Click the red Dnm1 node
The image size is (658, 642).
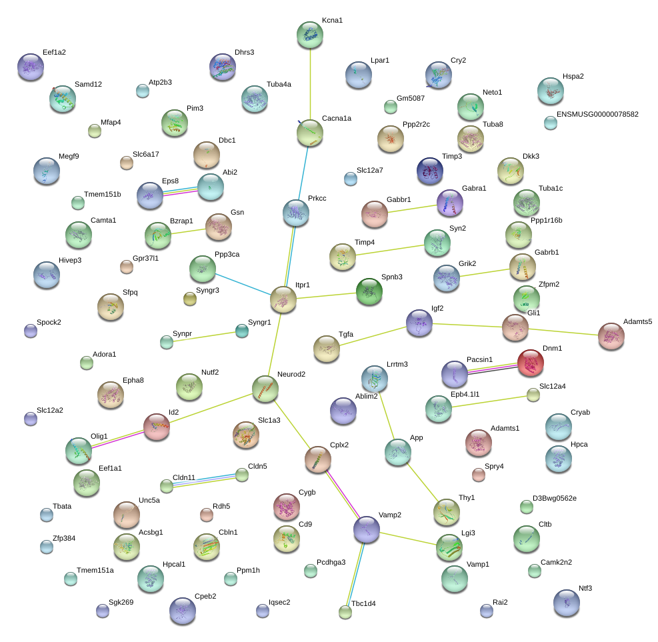[x=531, y=363]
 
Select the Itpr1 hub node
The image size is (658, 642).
[x=283, y=299]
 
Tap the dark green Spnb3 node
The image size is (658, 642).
[x=369, y=291]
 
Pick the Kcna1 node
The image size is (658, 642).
[x=310, y=35]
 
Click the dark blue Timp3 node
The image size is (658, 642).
[x=430, y=171]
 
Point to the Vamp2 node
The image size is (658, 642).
[x=367, y=529]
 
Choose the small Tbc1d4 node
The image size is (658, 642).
[x=345, y=612]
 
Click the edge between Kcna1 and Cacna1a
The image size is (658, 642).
[x=310, y=84]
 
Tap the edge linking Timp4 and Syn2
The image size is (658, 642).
[x=390, y=250]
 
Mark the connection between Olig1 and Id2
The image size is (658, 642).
[x=117, y=439]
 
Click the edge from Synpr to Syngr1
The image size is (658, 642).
[x=205, y=337]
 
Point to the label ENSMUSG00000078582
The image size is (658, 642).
[x=597, y=114]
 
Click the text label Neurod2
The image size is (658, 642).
[x=291, y=374]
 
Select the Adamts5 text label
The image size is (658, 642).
[x=637, y=321]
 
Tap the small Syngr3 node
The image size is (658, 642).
[x=190, y=299]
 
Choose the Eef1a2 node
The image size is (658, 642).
[x=31, y=67]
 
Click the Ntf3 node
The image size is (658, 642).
[x=567, y=603]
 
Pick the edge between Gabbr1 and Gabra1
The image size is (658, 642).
[x=412, y=209]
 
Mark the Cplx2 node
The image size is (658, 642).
[x=318, y=459]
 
